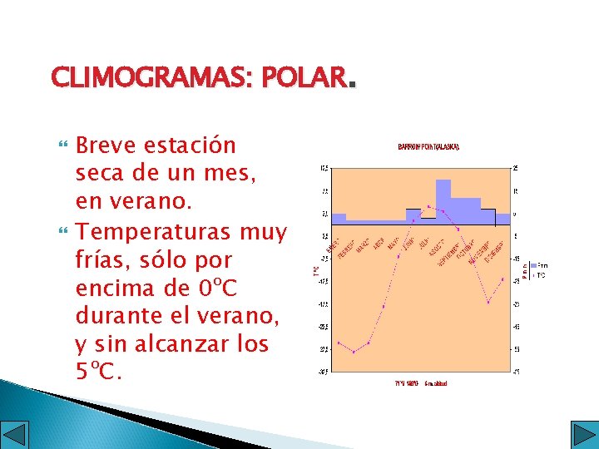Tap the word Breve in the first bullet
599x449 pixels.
[106, 146]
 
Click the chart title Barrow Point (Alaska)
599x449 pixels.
[428, 146]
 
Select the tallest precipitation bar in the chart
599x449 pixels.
[443, 200]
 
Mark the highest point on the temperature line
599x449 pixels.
[428, 205]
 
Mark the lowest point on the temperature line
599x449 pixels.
[354, 352]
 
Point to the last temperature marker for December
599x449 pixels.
[502, 279]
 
